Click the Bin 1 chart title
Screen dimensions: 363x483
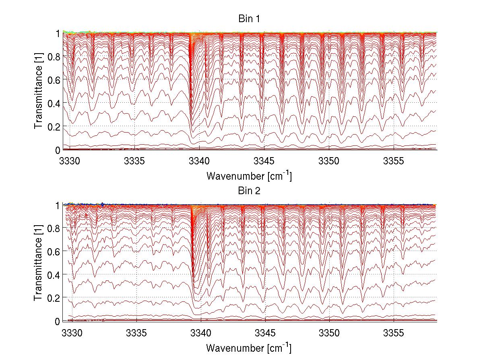tap(248, 19)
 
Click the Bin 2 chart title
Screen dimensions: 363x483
tap(248, 191)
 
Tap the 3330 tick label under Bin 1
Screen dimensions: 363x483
tap(70, 160)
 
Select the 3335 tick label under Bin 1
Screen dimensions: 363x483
tap(135, 160)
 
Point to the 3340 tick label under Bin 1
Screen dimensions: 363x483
tap(200, 160)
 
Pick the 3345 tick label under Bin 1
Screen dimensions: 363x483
tap(264, 160)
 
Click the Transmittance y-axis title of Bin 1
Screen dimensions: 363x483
tap(39, 91)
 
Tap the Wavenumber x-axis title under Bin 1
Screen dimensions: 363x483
tap(249, 176)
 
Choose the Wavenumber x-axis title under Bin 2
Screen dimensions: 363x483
tap(249, 348)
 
